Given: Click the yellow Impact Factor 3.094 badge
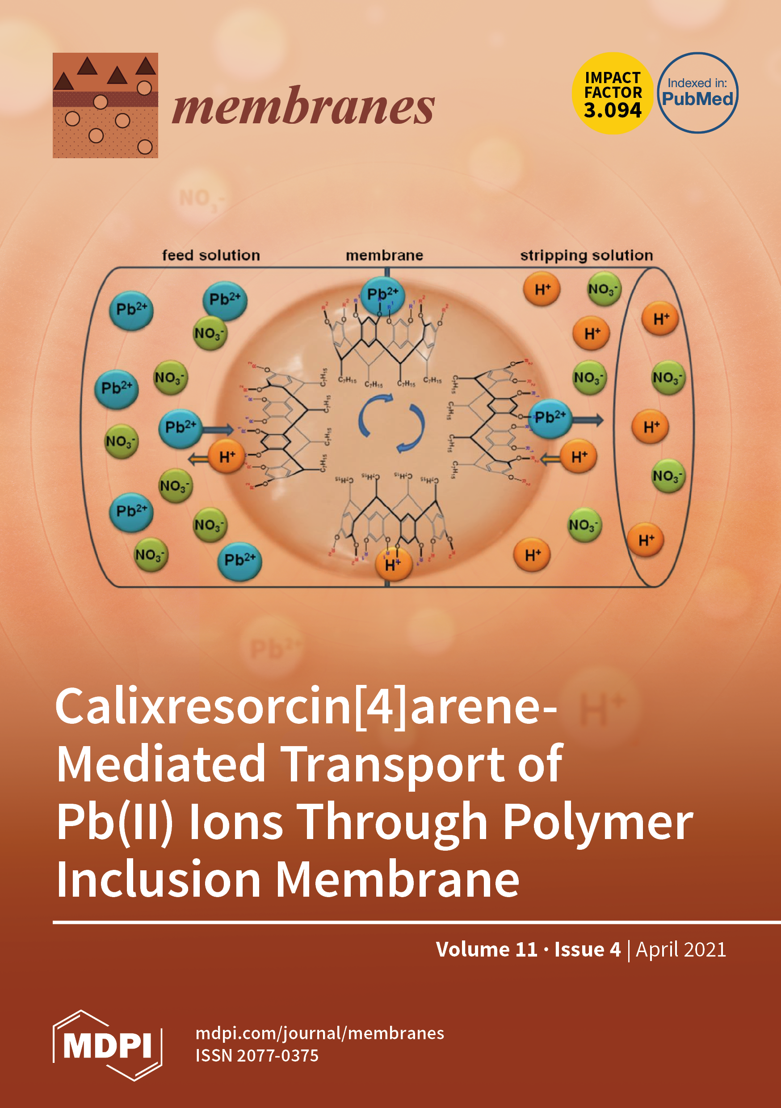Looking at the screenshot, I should click(x=612, y=93).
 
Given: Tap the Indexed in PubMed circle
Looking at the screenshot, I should click(x=697, y=92).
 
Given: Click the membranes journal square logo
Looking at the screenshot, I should click(x=105, y=105).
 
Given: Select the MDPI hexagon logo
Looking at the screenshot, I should click(x=107, y=1046).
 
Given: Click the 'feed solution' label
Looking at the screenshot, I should click(x=211, y=255).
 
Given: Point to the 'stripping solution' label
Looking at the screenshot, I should click(x=586, y=255).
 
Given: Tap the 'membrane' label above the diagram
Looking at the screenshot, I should click(x=384, y=255).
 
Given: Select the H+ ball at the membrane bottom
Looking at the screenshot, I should click(x=393, y=564).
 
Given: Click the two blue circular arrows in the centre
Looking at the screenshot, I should click(x=391, y=423).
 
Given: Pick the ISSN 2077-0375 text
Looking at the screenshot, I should click(x=257, y=1056).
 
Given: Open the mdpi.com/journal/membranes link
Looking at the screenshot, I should click(x=319, y=1033).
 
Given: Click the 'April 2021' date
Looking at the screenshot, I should click(x=680, y=949).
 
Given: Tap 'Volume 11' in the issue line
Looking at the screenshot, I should click(x=487, y=949).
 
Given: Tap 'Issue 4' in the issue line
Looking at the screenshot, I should click(x=588, y=949).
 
